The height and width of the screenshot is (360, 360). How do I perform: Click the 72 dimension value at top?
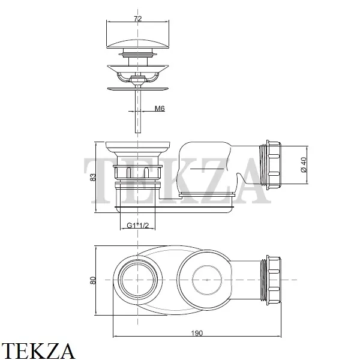pyautogui.click(x=138, y=19)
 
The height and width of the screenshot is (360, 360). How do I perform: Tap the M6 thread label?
pyautogui.click(x=160, y=108)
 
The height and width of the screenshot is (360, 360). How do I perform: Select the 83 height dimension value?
pyautogui.click(x=93, y=177)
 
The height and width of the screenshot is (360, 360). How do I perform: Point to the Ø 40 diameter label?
pyautogui.click(x=304, y=165)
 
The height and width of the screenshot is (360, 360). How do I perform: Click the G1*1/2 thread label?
pyautogui.click(x=138, y=226)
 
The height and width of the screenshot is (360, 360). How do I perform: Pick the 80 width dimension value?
pyautogui.click(x=93, y=280)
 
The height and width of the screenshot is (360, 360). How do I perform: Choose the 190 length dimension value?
pyautogui.click(x=197, y=333)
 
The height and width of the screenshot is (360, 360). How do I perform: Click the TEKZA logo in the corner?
pyautogui.click(x=38, y=351)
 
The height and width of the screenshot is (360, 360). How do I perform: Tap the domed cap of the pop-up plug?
pyautogui.click(x=138, y=44)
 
